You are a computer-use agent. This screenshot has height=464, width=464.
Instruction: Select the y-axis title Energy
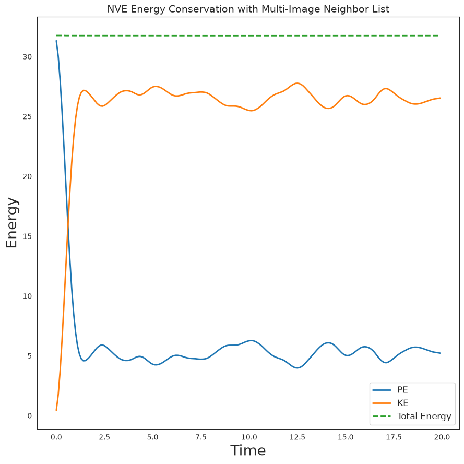12,223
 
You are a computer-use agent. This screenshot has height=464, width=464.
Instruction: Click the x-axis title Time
248,450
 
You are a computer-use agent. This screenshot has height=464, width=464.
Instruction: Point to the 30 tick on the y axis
27,57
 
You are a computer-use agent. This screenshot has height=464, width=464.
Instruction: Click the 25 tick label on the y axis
27,116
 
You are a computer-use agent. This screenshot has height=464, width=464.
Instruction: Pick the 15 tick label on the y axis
27,236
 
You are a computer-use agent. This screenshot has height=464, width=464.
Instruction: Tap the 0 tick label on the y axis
30,416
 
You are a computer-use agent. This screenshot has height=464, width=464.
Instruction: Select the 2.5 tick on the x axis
104,437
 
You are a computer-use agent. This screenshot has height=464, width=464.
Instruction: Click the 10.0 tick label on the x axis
249,437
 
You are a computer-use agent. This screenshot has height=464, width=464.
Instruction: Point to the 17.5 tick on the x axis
394,437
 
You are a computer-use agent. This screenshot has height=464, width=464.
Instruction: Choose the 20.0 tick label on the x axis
442,437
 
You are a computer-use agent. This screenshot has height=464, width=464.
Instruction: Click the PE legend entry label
402,390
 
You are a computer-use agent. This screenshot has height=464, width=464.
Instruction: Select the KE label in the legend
403,403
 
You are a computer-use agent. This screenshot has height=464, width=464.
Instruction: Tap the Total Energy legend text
424,417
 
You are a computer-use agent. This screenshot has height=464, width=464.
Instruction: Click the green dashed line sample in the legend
382,417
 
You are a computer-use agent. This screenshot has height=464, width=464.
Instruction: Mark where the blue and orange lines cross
68,223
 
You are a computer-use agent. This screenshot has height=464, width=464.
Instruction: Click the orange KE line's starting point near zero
56,410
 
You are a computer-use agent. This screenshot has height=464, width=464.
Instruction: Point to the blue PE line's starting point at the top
56,41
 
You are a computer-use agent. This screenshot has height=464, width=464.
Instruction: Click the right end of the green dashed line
438,35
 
